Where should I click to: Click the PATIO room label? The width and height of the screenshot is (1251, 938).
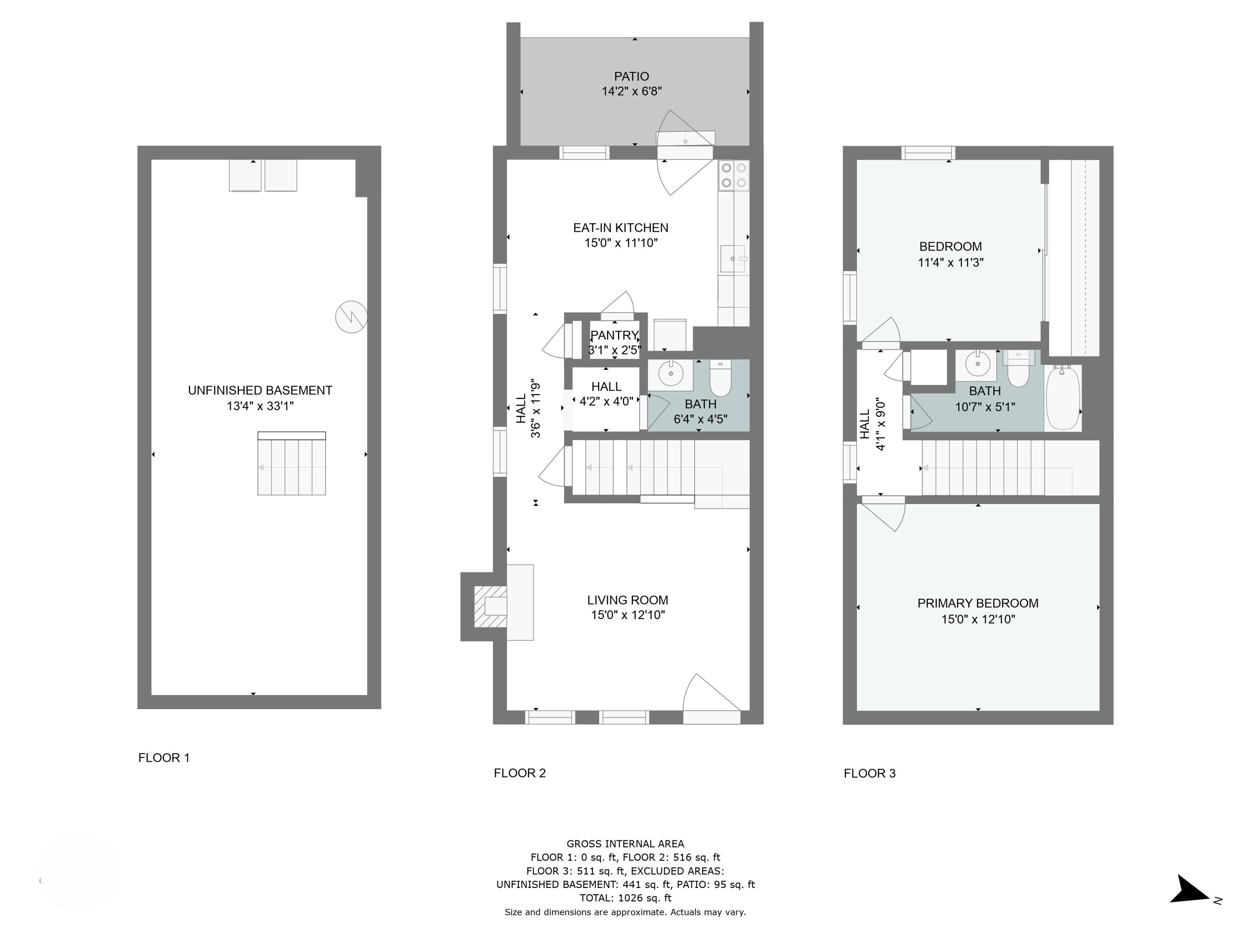point(631,76)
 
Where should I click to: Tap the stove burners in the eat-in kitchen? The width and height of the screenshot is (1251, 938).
point(734,175)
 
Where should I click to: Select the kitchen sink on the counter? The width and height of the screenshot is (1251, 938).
point(732,258)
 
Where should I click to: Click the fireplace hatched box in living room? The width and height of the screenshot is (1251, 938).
point(490,607)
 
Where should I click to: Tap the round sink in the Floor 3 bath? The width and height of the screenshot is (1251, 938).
point(977,365)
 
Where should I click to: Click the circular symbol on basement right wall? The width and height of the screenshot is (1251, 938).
point(351,316)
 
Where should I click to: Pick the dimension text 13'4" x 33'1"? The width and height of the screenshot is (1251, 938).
point(260,406)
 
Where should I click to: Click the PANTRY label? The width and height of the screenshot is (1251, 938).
point(614,335)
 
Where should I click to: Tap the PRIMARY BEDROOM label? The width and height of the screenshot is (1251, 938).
point(977,603)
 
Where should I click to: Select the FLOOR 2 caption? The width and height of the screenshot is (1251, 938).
point(519,773)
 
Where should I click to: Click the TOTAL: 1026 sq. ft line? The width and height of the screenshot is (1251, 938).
point(625,898)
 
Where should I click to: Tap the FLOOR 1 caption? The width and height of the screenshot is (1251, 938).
point(164,757)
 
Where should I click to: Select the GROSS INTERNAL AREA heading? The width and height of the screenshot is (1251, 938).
point(625,844)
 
